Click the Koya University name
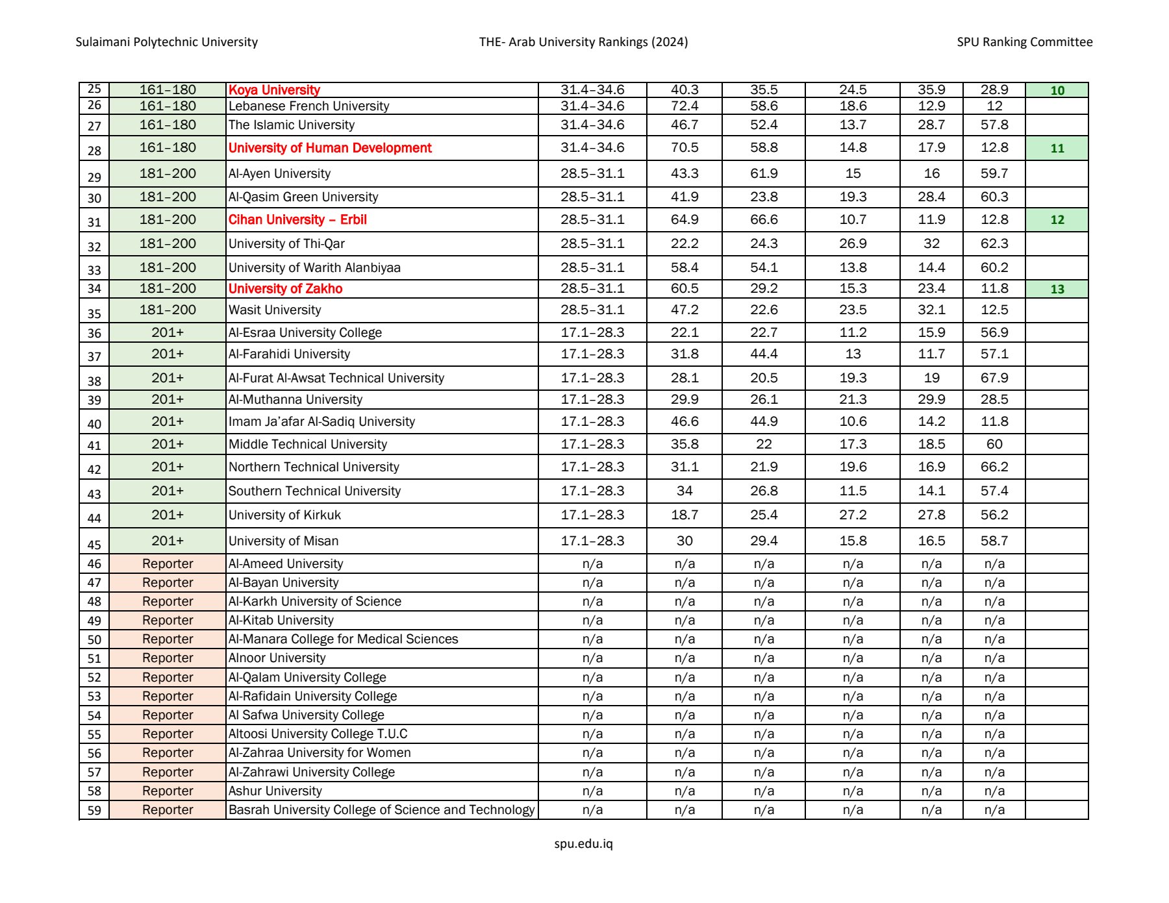274,90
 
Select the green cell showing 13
1057,290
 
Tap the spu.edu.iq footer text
583,844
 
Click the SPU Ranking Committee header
1024,42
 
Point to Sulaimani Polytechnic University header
167,42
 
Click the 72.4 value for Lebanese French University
685,106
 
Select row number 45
94,545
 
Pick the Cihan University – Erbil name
297,219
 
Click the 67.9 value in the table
994,378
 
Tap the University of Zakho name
285,289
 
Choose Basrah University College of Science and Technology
381,810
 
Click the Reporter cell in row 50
168,639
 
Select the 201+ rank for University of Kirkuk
168,515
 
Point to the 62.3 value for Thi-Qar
994,243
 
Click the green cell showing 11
1057,149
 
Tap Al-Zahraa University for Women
320,752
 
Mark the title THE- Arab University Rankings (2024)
583,42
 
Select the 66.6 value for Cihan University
764,219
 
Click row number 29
94,177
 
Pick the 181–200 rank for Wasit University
168,310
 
